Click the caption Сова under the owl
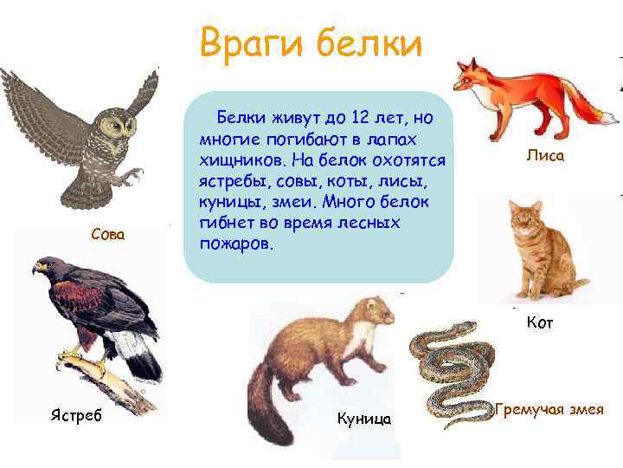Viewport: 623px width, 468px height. click(x=108, y=234)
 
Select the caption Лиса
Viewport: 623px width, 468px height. click(x=545, y=156)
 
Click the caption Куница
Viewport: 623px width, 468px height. click(x=363, y=419)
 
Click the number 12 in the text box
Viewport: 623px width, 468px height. click(x=354, y=116)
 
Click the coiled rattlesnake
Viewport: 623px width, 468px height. click(x=450, y=364)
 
